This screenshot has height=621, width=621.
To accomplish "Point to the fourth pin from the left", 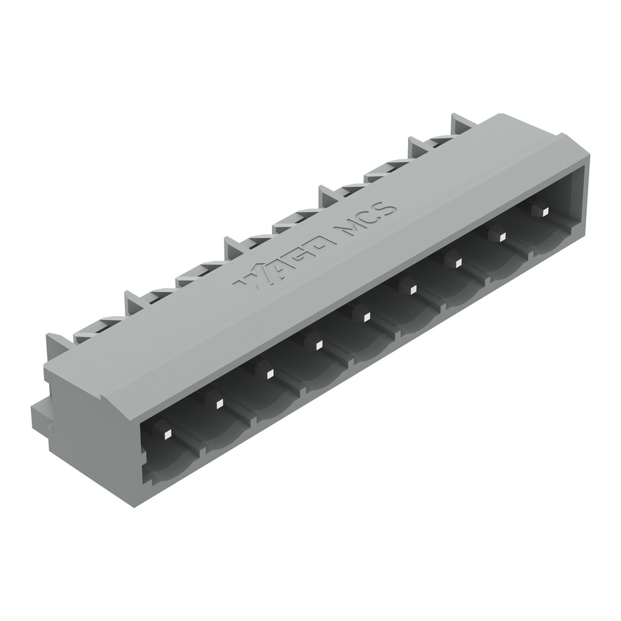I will [315, 343].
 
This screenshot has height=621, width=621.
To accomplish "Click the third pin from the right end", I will [455, 261].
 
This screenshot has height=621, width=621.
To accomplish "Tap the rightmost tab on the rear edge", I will [463, 122].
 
